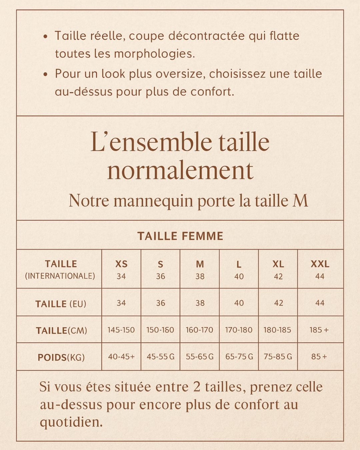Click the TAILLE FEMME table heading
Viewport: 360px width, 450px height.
tap(180, 236)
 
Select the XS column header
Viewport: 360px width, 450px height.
tap(121, 264)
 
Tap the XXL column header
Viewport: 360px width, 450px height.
tap(320, 264)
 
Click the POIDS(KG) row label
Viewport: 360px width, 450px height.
tap(61, 357)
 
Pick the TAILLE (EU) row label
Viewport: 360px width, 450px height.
tap(61, 304)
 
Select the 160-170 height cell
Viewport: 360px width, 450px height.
tap(199, 330)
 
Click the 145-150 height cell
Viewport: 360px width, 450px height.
tap(121, 330)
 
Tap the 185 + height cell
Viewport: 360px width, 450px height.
tap(319, 330)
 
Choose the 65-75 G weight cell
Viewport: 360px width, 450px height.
tap(239, 357)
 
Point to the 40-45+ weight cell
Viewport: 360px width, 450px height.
tap(121, 357)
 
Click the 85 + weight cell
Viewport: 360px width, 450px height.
tap(319, 357)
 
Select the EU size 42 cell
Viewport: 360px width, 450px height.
tap(278, 303)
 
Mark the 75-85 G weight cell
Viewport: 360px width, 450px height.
tap(278, 357)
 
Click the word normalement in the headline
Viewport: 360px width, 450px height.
tap(180, 171)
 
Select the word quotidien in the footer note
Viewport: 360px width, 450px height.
tap(71, 422)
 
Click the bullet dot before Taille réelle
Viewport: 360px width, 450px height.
tap(46, 36)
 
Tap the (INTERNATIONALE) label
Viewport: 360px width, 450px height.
tap(60, 276)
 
